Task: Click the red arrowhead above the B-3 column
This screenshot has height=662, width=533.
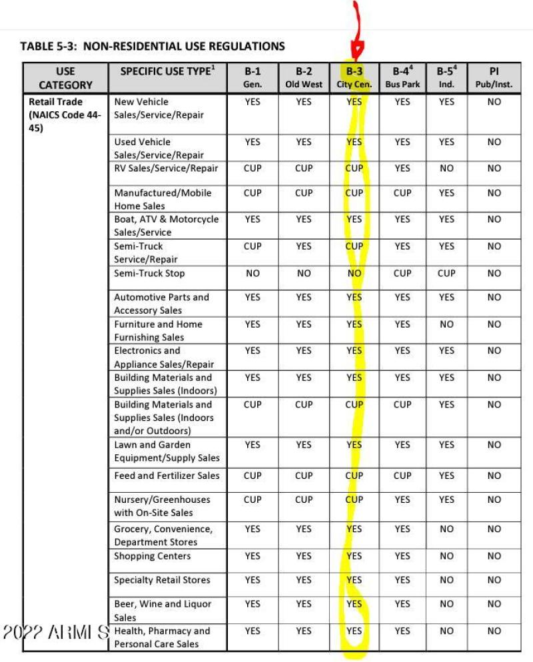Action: pyautogui.click(x=355, y=51)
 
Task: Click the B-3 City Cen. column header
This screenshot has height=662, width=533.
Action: pyautogui.click(x=354, y=78)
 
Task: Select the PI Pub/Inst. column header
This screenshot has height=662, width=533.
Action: pyautogui.click(x=494, y=78)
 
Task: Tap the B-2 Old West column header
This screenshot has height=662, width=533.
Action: pyautogui.click(x=303, y=78)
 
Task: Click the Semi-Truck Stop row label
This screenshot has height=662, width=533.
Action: pyautogui.click(x=149, y=274)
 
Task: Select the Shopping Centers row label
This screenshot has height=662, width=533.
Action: pyautogui.click(x=153, y=556)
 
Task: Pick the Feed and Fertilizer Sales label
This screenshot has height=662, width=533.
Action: pyautogui.click(x=167, y=476)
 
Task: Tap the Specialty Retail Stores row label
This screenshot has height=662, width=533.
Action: pyautogui.click(x=162, y=580)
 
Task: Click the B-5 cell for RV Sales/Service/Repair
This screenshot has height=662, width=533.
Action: pyautogui.click(x=446, y=168)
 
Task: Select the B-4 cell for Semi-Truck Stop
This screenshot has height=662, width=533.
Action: pyautogui.click(x=402, y=273)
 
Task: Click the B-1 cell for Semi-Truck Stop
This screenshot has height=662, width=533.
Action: pyautogui.click(x=253, y=273)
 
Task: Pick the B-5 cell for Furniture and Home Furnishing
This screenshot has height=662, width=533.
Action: pyautogui.click(x=446, y=324)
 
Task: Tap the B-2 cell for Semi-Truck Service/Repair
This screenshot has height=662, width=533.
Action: pyautogui.click(x=303, y=246)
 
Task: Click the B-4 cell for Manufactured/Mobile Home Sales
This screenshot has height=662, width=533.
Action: pyautogui.click(x=402, y=192)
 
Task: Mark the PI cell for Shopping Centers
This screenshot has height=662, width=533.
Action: pyautogui.click(x=494, y=556)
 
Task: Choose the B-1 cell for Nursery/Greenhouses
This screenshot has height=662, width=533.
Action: pyautogui.click(x=253, y=499)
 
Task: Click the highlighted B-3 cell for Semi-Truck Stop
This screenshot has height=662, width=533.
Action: pyautogui.click(x=354, y=273)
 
